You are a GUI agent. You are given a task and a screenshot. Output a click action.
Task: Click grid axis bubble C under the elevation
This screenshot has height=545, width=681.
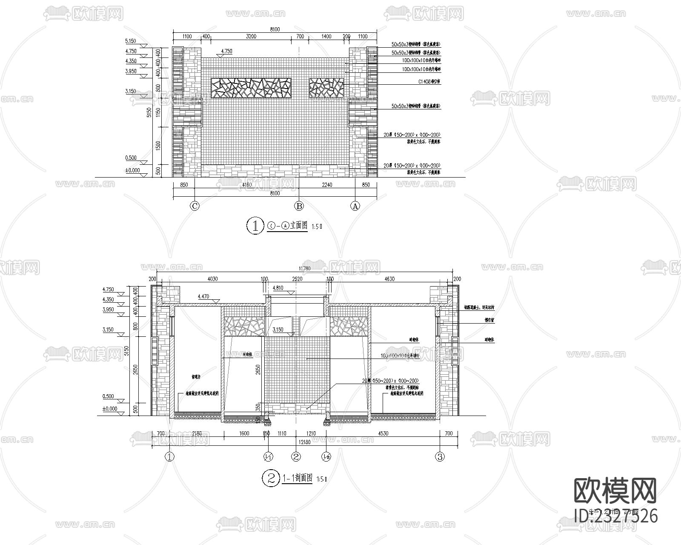point(195,206)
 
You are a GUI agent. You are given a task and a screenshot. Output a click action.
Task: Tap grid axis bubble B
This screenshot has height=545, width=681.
point(299,206)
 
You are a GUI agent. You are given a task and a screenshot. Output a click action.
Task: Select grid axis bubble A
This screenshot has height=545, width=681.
point(355,206)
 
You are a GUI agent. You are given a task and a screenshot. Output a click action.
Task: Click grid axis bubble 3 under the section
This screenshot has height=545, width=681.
point(440,457)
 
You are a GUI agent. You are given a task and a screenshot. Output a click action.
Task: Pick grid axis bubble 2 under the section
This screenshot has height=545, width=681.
point(296,457)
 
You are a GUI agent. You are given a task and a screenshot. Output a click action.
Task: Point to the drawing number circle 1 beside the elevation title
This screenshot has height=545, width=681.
point(255,226)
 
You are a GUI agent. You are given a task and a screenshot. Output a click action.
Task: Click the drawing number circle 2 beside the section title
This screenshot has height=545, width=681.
point(270,479)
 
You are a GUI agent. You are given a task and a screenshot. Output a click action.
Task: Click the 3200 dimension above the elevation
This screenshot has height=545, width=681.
point(251,37)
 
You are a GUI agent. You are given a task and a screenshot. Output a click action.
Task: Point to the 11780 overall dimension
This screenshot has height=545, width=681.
point(304,268)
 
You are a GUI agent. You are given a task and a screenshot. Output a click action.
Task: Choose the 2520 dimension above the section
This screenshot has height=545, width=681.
point(297,279)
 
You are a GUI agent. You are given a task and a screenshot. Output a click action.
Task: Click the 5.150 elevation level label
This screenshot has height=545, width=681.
point(130,41)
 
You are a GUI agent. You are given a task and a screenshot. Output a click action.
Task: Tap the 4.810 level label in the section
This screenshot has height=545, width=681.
point(278,288)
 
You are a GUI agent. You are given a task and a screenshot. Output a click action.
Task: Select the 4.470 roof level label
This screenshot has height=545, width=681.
point(204,296)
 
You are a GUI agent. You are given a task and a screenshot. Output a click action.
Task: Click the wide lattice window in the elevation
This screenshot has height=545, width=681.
point(251,88)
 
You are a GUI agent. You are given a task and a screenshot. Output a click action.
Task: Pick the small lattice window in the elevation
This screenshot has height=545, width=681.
point(326,88)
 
